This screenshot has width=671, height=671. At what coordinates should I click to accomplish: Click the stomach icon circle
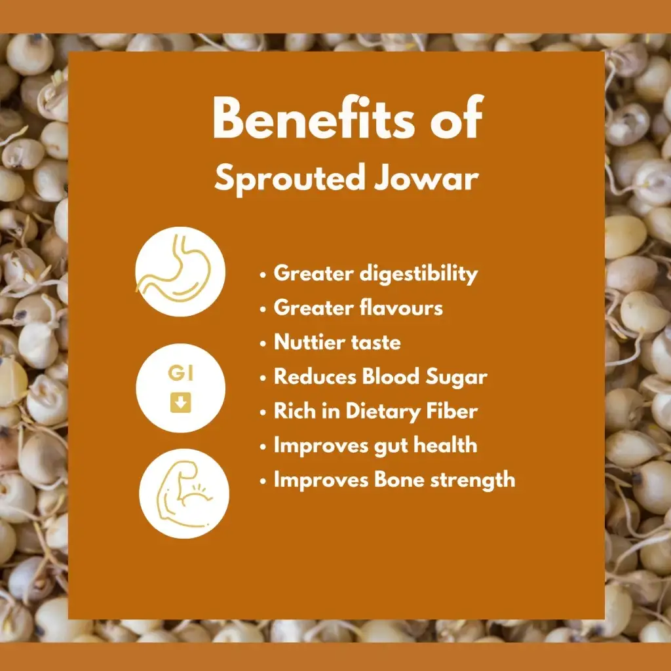[180, 272]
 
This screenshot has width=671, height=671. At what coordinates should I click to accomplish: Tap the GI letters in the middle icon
[181, 373]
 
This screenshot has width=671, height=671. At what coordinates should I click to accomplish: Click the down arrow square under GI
[181, 403]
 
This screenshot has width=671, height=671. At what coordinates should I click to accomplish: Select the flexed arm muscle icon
[184, 493]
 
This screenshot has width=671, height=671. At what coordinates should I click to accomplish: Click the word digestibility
[419, 275]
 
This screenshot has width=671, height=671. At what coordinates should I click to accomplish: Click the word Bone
[399, 479]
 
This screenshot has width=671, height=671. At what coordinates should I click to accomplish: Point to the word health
[445, 445]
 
